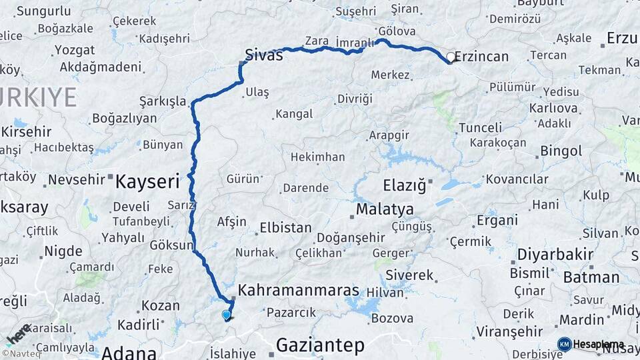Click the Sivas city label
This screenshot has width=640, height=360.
(264, 55)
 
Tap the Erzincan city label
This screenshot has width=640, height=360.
(481, 57)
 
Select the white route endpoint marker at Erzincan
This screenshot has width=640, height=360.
(451, 58)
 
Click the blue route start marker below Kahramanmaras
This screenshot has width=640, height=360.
(227, 315)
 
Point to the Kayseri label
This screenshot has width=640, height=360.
(148, 181)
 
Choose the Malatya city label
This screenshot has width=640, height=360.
(385, 209)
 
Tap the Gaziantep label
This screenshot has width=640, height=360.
(320, 345)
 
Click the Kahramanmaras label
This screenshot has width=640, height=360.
(299, 291)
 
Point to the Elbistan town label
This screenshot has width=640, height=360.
(285, 227)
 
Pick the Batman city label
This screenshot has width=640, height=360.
(591, 277)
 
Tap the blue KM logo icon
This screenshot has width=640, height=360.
(565, 344)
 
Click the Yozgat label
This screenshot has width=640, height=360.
(75, 50)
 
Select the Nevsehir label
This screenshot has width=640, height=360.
(77, 179)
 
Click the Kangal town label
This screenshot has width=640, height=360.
(294, 114)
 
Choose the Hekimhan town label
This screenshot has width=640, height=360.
(317, 157)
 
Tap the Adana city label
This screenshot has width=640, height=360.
(129, 353)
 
